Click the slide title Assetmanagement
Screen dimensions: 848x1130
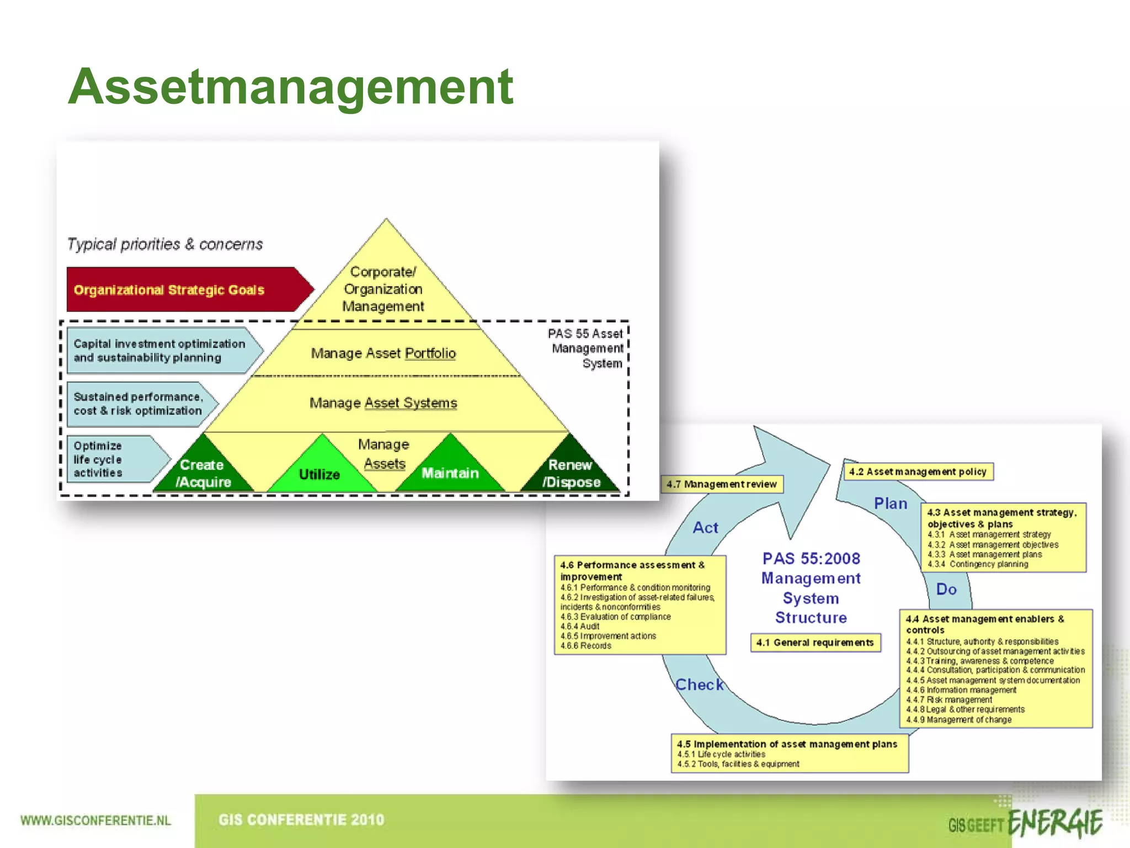tap(291, 87)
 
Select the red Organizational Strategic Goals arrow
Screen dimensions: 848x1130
tap(182, 290)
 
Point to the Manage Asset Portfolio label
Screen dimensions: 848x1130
tap(383, 353)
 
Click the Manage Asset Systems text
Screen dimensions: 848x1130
tap(383, 403)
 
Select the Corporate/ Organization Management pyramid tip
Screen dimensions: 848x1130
tap(383, 289)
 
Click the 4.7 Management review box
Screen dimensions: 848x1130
tap(722, 484)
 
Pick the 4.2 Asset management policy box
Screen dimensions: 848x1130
tap(918, 471)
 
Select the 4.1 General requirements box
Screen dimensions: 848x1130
tap(815, 643)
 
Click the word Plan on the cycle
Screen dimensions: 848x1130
tap(891, 504)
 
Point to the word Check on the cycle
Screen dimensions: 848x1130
tap(700, 685)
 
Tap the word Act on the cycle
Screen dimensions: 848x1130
tap(706, 528)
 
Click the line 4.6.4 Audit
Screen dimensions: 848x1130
tap(580, 627)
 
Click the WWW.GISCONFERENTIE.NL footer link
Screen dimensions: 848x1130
tap(95, 820)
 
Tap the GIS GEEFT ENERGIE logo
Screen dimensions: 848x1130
tap(1025, 824)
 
